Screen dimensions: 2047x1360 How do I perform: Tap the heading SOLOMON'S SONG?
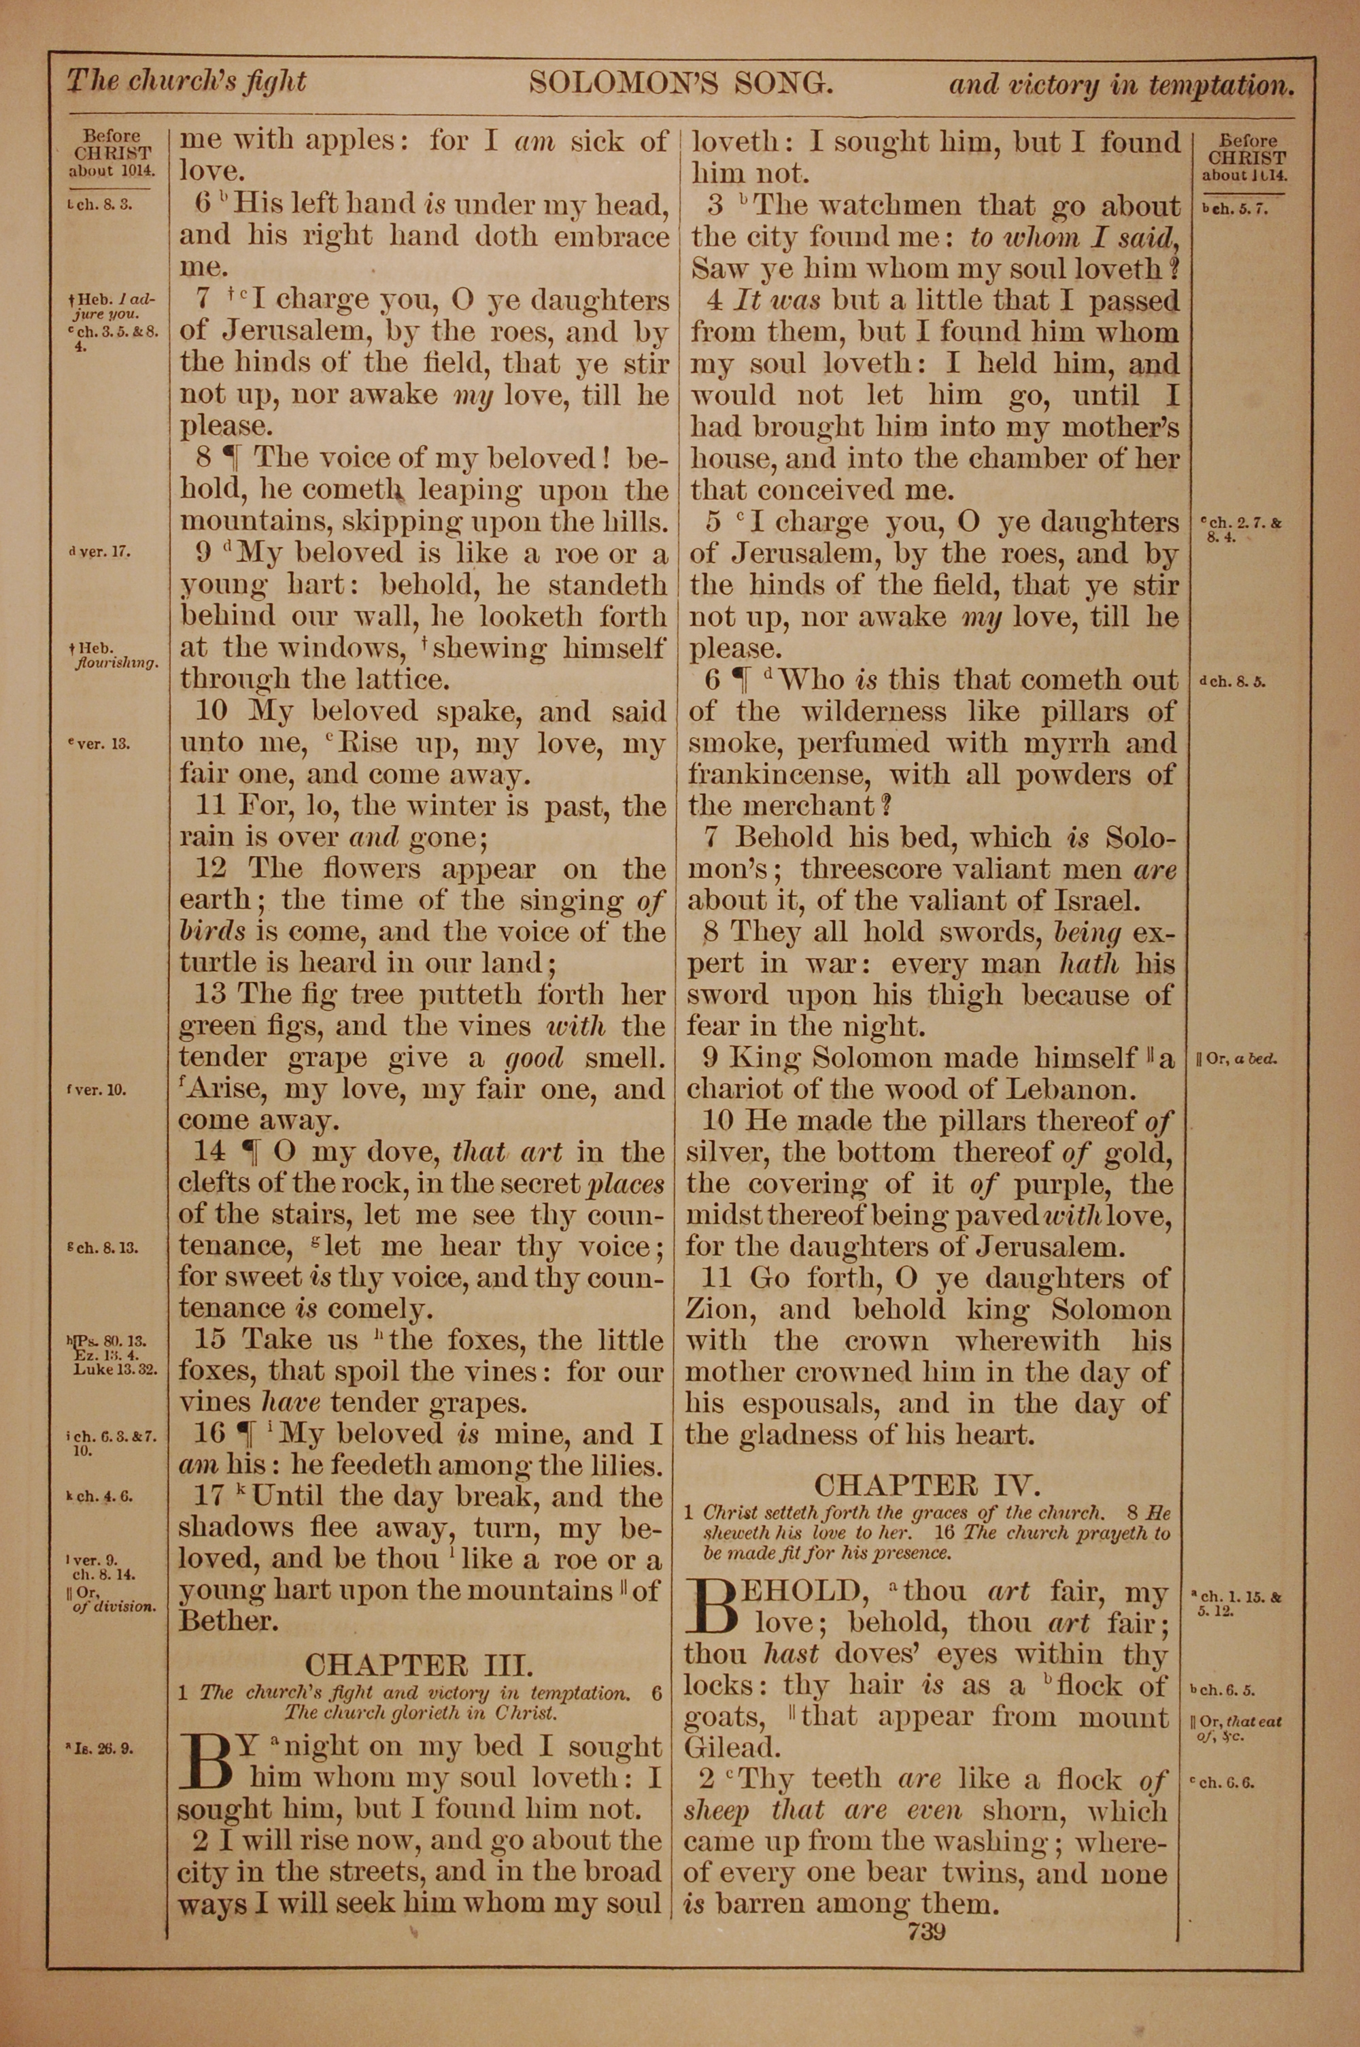tap(681, 83)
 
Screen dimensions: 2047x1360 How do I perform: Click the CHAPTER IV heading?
tap(925, 1485)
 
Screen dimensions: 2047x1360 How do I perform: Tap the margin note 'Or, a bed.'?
tap(1241, 1060)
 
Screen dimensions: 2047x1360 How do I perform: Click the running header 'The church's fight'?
tap(186, 82)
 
